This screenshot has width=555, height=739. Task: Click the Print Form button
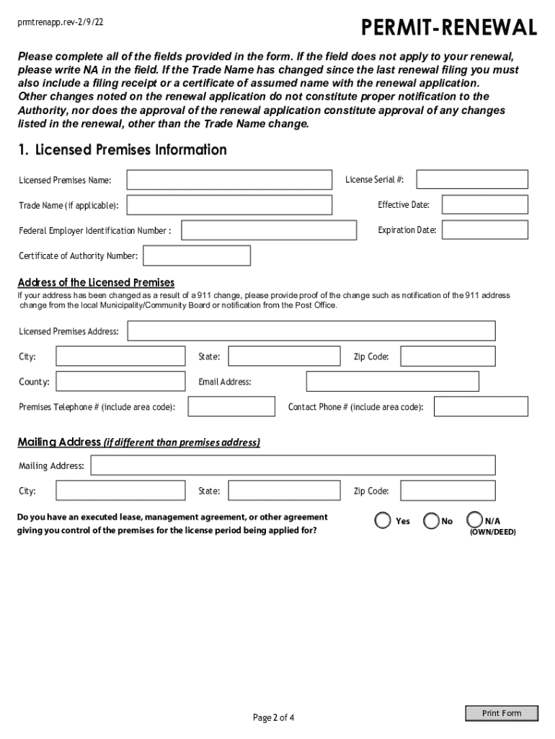tap(502, 713)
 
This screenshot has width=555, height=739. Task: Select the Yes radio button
tap(383, 520)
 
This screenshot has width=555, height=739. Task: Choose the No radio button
tap(431, 520)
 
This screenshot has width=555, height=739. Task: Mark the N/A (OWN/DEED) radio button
tap(475, 520)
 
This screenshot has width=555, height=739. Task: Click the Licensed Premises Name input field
tap(229, 180)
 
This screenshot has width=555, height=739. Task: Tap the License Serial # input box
tap(472, 179)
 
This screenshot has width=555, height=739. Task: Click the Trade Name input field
tap(229, 205)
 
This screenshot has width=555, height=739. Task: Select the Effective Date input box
tap(484, 205)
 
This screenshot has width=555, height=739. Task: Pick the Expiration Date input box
tap(484, 230)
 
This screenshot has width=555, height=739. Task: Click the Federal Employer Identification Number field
tap(269, 230)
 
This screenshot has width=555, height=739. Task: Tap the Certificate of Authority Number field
tap(197, 255)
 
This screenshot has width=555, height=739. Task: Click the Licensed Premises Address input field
tap(311, 331)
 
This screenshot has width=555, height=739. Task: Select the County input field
tap(120, 381)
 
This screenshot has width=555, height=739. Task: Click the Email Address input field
tap(401, 381)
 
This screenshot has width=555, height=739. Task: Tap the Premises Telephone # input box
tap(231, 407)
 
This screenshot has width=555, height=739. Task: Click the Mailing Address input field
tap(293, 465)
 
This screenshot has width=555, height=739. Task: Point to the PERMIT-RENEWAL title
tap(449, 28)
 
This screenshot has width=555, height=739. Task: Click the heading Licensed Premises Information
tap(123, 150)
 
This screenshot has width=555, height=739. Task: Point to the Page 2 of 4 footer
tap(274, 717)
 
